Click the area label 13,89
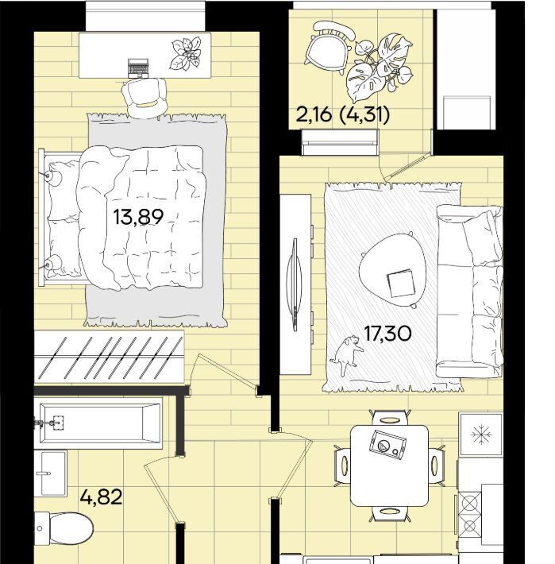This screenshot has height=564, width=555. (138, 217)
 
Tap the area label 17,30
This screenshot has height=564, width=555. (387, 334)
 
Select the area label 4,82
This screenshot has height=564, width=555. (102, 497)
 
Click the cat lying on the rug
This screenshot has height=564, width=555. (347, 354)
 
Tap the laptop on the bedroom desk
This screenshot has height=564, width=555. (138, 68)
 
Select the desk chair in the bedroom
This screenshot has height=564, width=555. (145, 98)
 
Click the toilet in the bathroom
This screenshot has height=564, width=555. (64, 528)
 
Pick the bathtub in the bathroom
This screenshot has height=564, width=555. (98, 423)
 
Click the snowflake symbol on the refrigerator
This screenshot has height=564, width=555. (481, 435)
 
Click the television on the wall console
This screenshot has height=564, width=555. (295, 284)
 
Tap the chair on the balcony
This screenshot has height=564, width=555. (330, 47)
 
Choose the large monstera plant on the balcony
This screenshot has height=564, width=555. (380, 68)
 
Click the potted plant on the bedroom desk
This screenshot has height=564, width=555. (186, 53)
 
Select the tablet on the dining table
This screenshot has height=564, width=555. (388, 445)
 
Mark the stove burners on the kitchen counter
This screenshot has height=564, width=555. (470, 515)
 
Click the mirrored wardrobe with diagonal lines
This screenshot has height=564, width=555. (109, 357)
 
